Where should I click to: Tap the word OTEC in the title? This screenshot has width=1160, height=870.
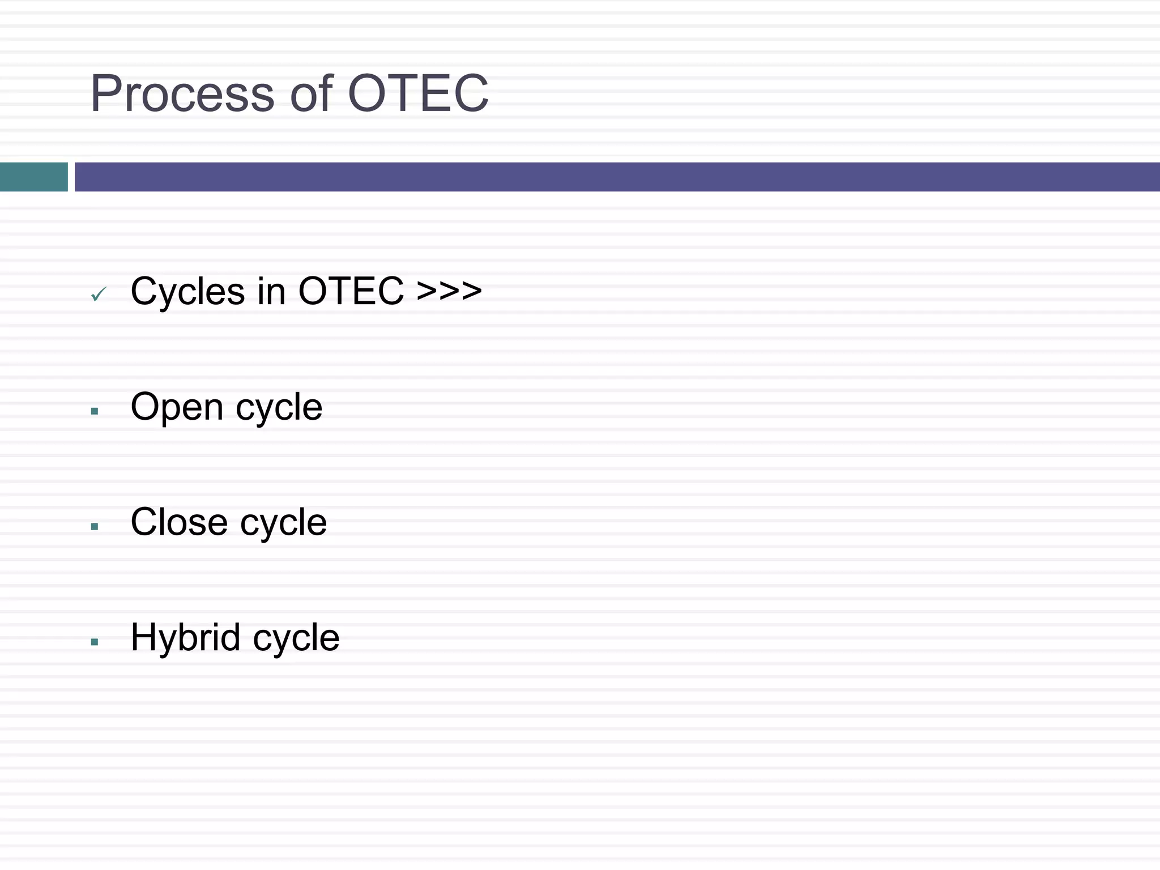click(418, 93)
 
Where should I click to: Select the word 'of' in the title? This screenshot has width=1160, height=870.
click(311, 93)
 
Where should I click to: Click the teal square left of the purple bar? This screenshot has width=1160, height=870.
click(33, 177)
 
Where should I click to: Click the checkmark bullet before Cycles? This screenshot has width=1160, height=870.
click(99, 294)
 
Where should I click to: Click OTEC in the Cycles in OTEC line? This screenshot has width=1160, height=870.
click(351, 291)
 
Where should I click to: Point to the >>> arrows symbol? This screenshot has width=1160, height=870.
click(449, 291)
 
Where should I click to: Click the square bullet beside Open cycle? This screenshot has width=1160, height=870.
click(95, 411)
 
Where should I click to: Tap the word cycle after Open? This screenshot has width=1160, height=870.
click(279, 408)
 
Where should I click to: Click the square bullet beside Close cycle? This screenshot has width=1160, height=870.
click(95, 527)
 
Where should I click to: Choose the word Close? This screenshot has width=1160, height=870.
click(179, 522)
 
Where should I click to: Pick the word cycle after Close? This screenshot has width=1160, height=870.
click(283, 523)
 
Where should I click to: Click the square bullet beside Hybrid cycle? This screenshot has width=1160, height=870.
click(95, 642)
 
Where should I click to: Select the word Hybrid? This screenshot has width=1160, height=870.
click(185, 638)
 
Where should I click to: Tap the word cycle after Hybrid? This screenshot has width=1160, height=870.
click(296, 639)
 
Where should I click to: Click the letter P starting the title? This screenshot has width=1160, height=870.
click(106, 93)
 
